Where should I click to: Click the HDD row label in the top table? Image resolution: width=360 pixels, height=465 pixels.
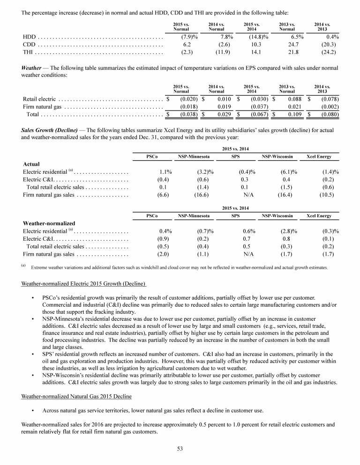(x=30, y=36)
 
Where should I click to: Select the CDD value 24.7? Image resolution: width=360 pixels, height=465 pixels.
(x=285, y=44)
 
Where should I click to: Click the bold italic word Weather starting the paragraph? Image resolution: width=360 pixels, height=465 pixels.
(x=32, y=68)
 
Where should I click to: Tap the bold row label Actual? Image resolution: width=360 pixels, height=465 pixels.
(x=31, y=164)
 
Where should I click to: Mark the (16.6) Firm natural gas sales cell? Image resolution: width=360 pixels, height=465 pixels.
(x=202, y=195)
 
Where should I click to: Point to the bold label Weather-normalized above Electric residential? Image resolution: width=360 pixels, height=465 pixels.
(x=49, y=223)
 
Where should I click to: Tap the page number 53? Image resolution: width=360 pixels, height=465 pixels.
(x=180, y=450)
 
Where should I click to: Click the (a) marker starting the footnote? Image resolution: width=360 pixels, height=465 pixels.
(x=23, y=266)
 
